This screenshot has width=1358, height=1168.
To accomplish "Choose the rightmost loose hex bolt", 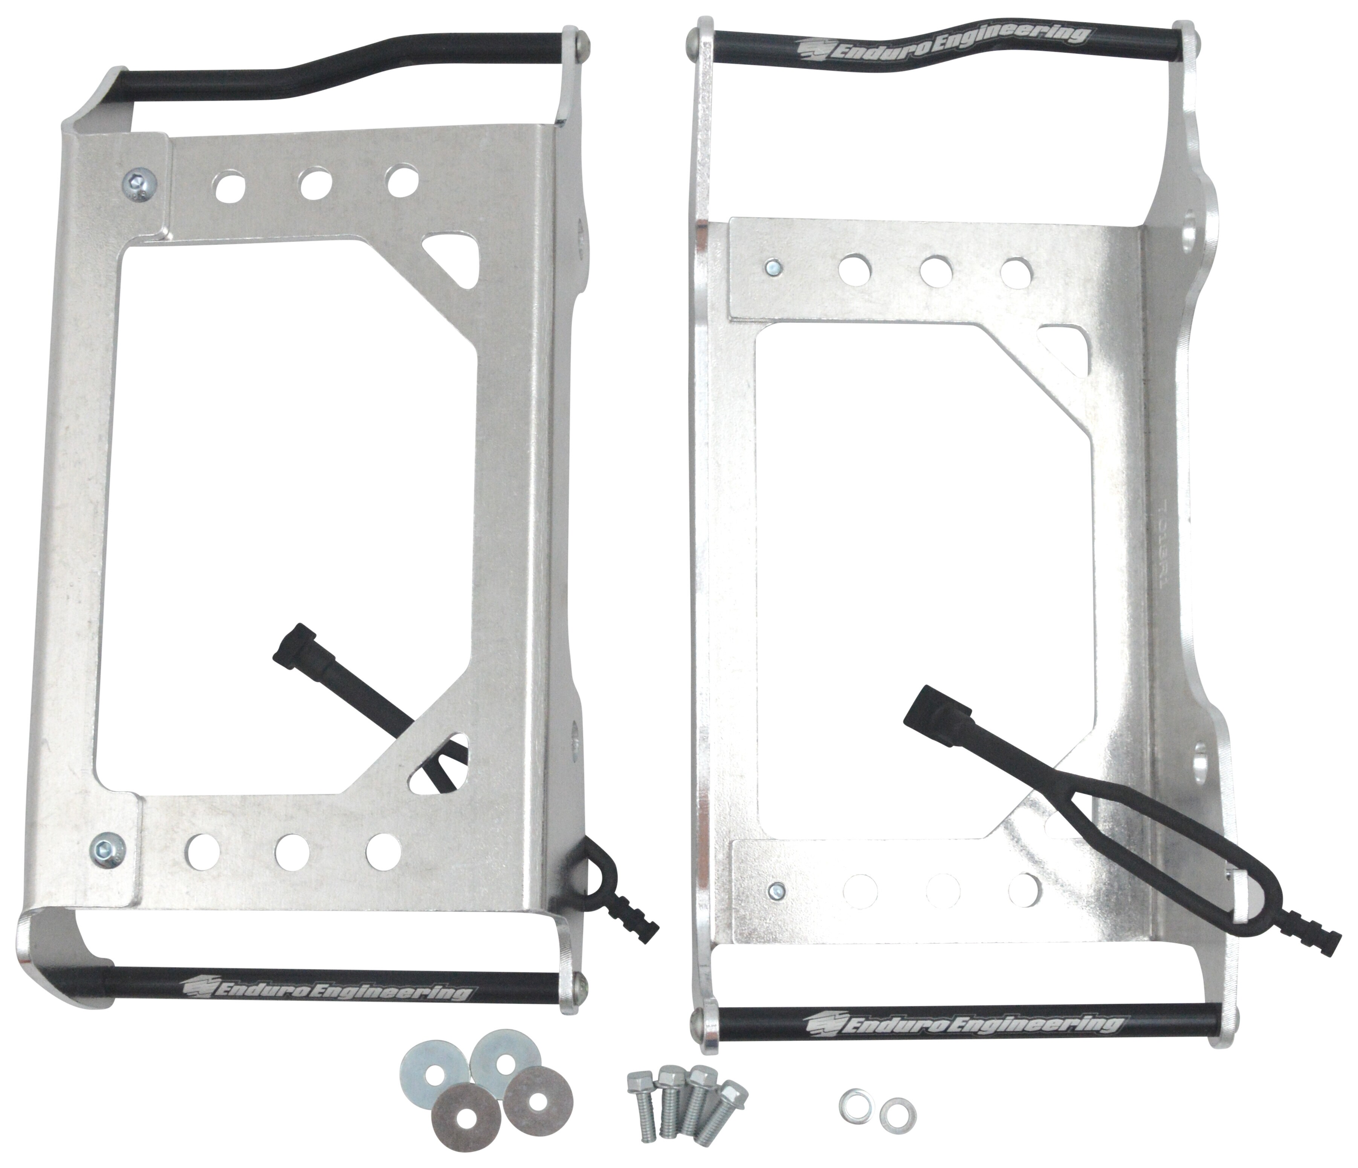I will [x=724, y=1110].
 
